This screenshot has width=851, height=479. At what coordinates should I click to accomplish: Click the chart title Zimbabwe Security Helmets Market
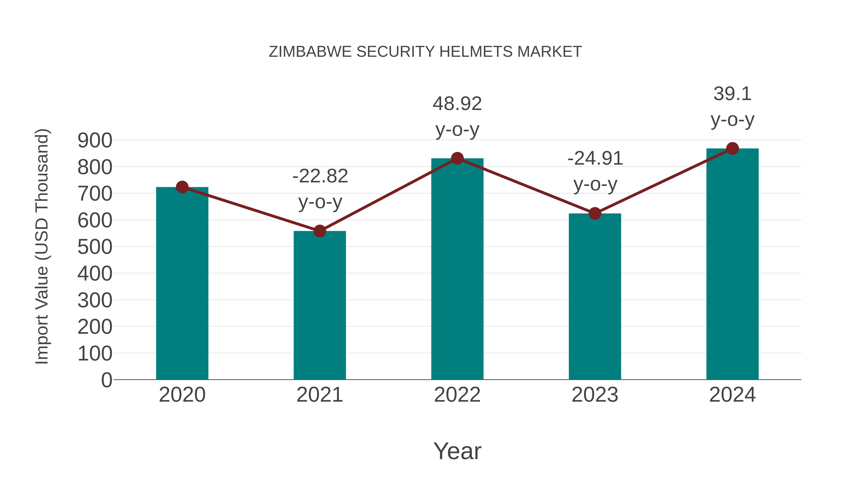click(425, 52)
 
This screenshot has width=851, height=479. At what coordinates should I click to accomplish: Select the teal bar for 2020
click(182, 284)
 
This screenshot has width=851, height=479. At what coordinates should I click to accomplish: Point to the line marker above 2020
click(182, 187)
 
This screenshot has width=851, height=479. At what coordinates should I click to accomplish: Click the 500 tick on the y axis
click(95, 247)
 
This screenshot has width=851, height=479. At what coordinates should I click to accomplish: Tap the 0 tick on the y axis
click(106, 380)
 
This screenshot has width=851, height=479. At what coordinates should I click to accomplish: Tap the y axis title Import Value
click(42, 246)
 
